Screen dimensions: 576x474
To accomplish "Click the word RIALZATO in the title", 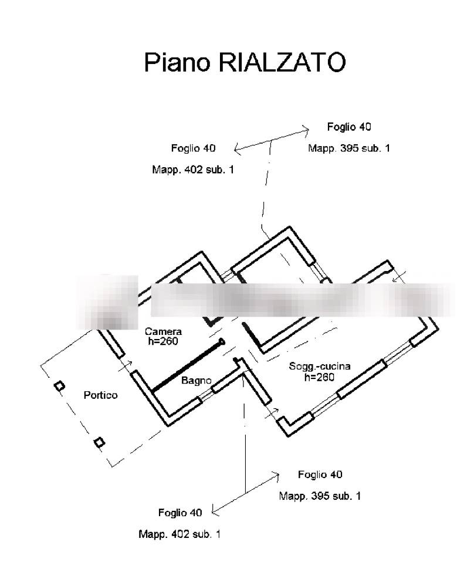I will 282,62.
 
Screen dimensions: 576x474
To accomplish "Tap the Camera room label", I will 163,331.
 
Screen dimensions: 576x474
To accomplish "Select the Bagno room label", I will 196,381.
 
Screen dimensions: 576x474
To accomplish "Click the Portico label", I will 100,395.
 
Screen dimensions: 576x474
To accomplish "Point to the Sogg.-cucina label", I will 320,367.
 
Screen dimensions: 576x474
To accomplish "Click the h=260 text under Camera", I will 161,341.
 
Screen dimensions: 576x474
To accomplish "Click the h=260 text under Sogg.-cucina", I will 319,377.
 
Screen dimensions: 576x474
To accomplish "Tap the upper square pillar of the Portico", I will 59,385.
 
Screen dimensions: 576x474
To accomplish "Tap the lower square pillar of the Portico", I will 99,442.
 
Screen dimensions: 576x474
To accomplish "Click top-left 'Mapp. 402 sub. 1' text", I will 193,170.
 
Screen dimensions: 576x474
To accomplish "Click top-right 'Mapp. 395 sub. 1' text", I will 349,148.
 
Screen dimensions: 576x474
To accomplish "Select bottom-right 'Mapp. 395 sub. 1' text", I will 320,496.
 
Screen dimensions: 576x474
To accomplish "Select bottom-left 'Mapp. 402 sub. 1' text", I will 180,534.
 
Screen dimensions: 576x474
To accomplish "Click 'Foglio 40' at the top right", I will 349,127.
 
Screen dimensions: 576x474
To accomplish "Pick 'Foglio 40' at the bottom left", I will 180,513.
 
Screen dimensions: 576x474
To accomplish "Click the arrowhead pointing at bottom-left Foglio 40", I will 214,512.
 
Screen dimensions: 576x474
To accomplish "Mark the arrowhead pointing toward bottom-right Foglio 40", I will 277,474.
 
